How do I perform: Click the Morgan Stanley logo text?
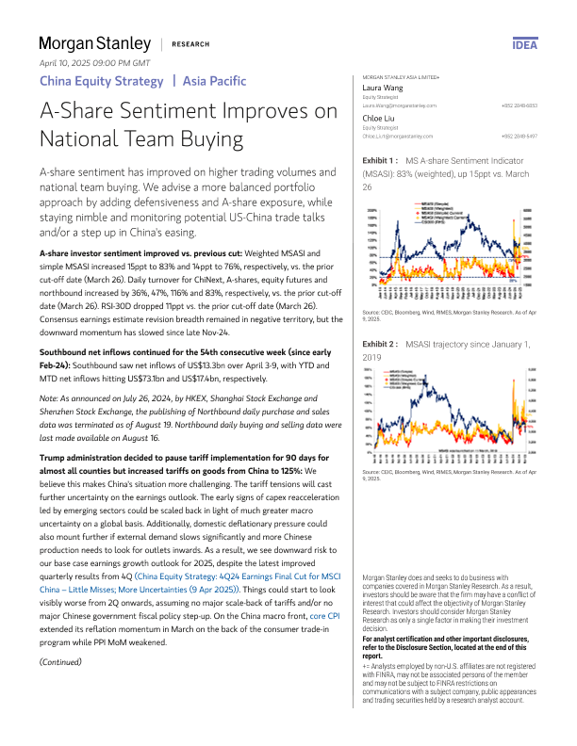94,43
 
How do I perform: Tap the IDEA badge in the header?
525,43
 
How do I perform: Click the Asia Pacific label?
215,81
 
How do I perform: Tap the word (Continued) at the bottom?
60,662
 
